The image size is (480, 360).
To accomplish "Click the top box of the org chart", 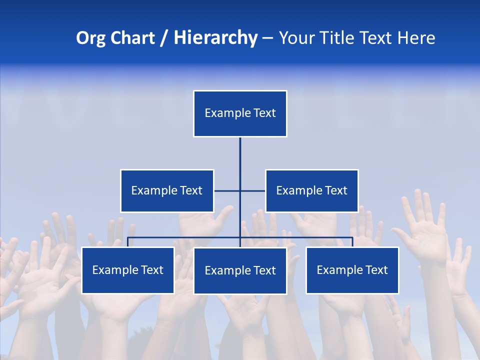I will [240, 113].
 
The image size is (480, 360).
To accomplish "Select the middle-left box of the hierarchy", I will [167, 190].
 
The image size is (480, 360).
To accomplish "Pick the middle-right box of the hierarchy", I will [312, 190].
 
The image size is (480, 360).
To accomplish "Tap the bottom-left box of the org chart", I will [128, 270].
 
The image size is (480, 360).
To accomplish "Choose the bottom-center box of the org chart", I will [240, 270].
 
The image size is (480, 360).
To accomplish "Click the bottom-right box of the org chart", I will [352, 270].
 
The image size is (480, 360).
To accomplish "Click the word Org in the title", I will [91, 38].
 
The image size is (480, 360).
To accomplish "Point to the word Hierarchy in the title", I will [215, 38].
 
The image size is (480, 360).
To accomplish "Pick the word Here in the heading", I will [416, 38].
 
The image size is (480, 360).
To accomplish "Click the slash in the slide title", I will [164, 38].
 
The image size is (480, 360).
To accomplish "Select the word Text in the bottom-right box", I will [376, 270].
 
